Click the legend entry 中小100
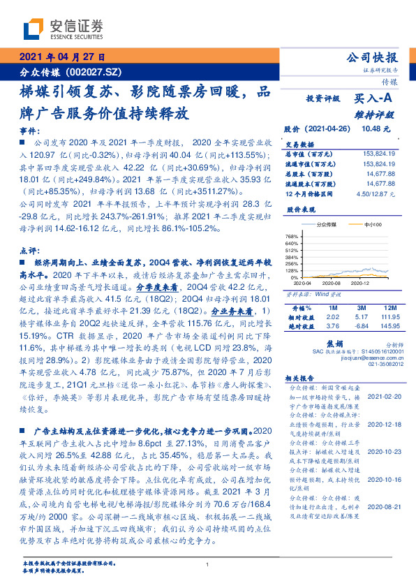point(373,225)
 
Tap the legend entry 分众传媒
point(326,225)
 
